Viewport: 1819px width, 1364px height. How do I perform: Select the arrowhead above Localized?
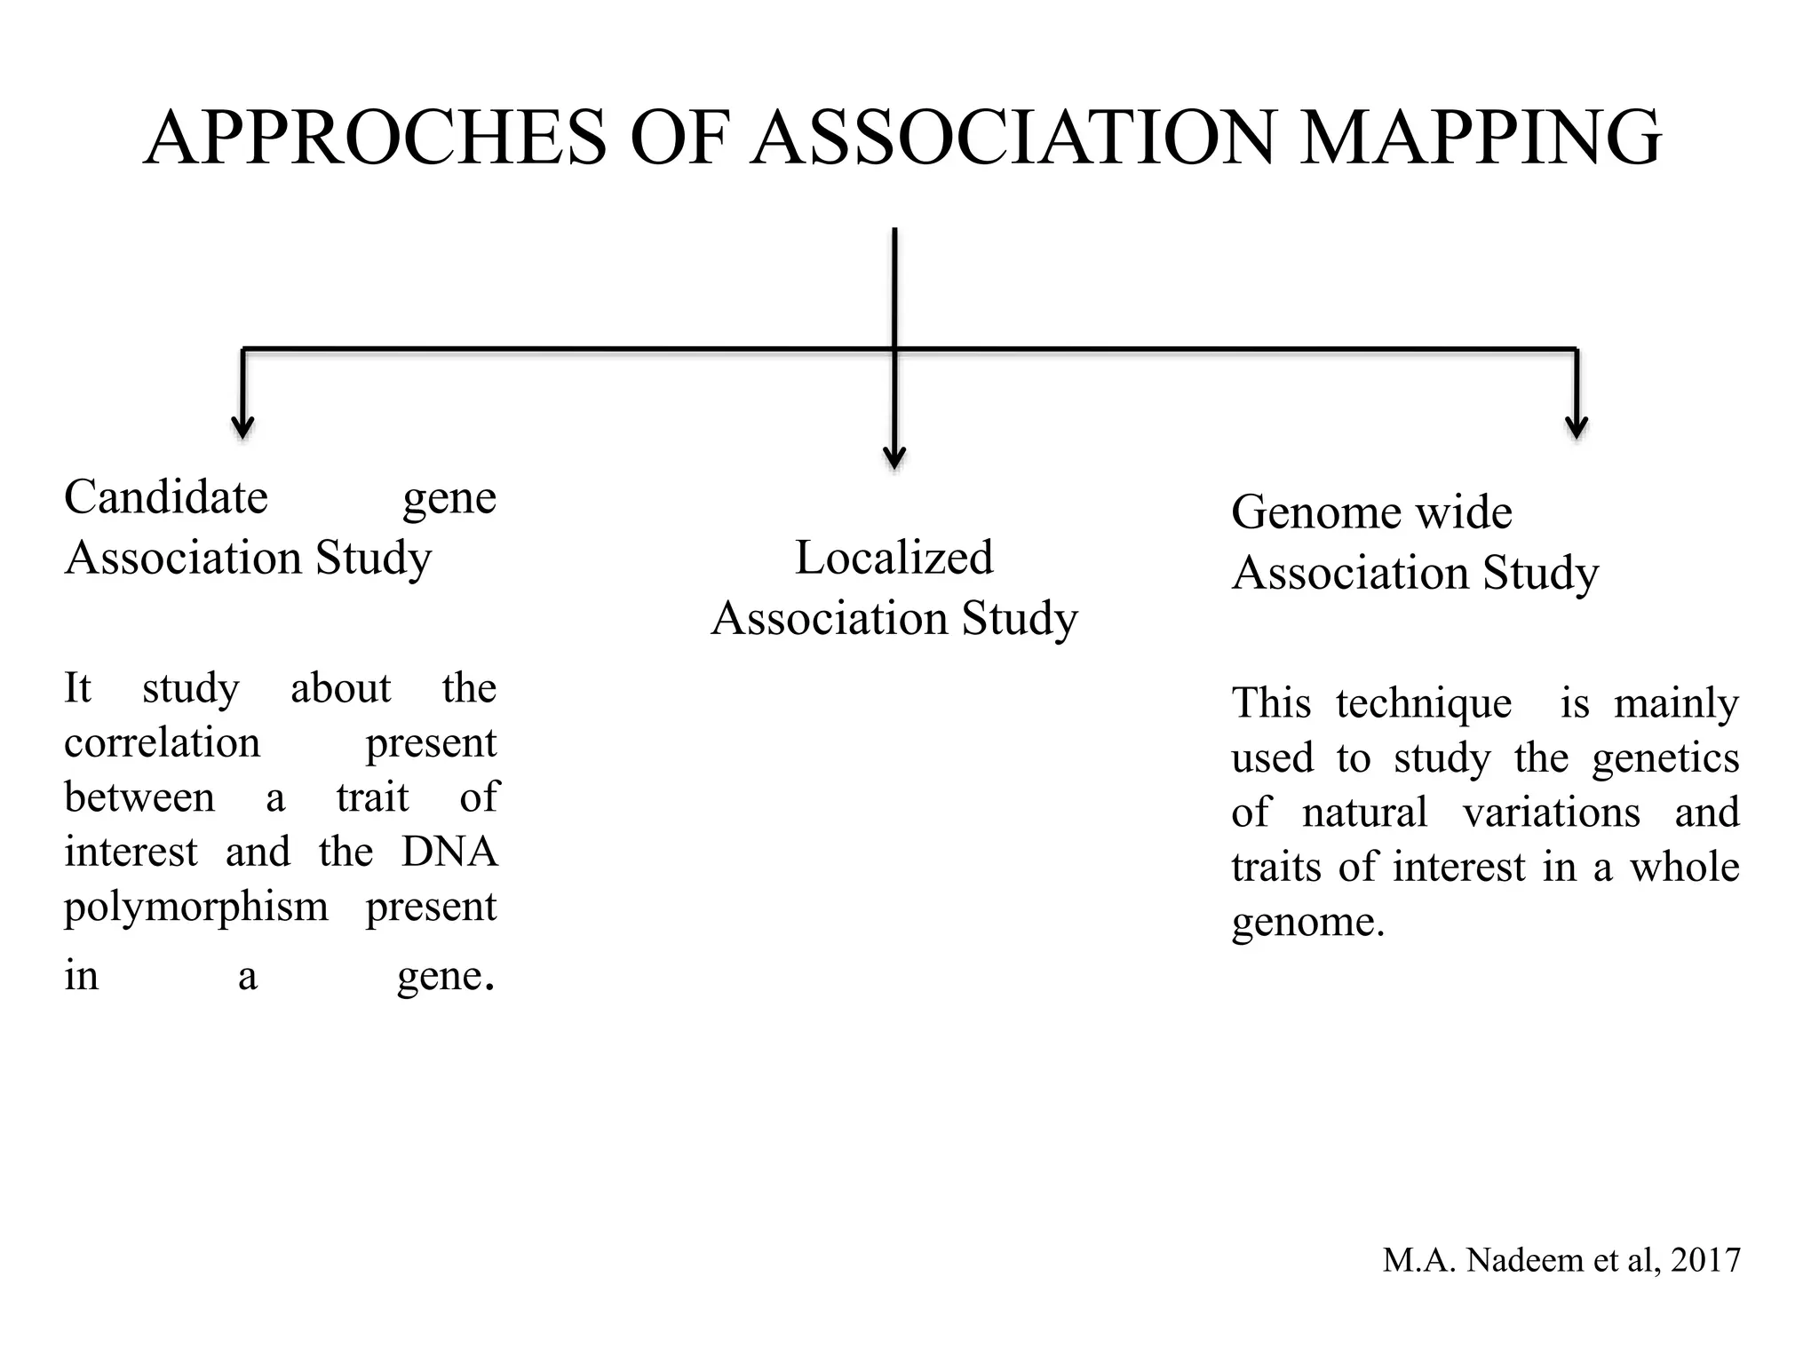point(894,457)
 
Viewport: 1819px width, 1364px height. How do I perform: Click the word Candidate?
point(166,496)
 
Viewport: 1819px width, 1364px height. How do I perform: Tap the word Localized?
point(894,558)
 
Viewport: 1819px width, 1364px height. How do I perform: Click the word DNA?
point(449,852)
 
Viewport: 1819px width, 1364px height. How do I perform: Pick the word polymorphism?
point(196,907)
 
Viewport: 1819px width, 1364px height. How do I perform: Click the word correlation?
point(163,742)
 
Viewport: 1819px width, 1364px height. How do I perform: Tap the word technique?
point(1423,703)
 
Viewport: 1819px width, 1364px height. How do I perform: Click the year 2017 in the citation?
point(1705,1260)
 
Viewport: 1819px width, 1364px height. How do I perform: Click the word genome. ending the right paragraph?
point(1307,923)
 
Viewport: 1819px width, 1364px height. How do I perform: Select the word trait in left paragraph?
point(372,797)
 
